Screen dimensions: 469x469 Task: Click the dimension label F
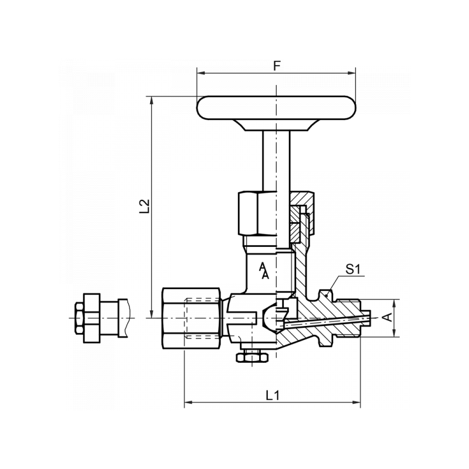[x=277, y=66]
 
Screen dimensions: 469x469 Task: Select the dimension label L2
[x=144, y=206]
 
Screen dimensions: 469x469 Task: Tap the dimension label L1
[x=273, y=395]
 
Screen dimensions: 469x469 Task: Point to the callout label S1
[x=354, y=269]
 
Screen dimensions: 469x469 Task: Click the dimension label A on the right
[x=388, y=317]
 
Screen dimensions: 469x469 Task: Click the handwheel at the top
[x=276, y=108]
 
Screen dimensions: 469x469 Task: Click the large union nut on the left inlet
[x=192, y=318]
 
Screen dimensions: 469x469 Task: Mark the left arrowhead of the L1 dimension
[x=188, y=402]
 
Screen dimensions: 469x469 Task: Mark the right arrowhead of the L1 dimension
[x=356, y=402]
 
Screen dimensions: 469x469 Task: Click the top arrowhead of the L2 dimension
[x=152, y=100]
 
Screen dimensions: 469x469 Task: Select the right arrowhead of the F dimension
[x=352, y=73]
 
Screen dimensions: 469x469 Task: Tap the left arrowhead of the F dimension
[x=200, y=73]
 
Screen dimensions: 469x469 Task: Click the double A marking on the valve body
[x=263, y=271]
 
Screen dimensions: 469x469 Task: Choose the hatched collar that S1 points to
[x=326, y=318]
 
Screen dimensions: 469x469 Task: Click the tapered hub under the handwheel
[x=276, y=125]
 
